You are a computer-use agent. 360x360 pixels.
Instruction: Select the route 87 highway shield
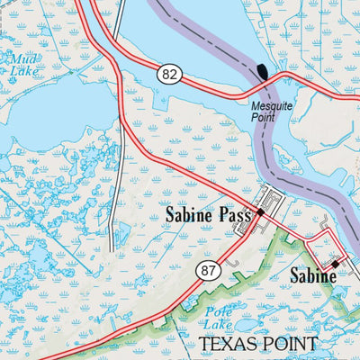tap(209, 270)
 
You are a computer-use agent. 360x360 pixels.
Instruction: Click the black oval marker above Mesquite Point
tap(263, 72)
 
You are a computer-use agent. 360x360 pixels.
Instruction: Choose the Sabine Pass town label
tap(206, 215)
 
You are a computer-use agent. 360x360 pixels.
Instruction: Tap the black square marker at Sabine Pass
tap(260, 211)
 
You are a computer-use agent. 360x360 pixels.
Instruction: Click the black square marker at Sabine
tap(334, 264)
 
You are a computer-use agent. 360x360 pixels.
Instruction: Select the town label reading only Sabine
tap(312, 276)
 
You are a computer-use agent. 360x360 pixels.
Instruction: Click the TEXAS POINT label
tap(257, 344)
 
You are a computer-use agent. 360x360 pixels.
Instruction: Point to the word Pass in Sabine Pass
tap(231, 215)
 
